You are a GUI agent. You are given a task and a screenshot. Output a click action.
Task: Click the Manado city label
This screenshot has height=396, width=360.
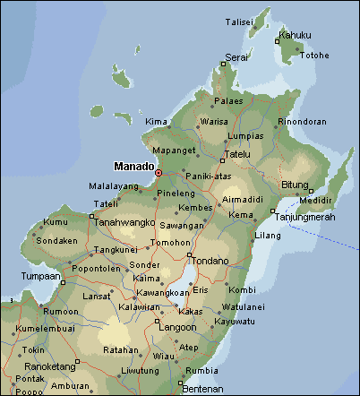coord(133,166)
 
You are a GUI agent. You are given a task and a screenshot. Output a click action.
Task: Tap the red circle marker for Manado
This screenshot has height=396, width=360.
coord(159,172)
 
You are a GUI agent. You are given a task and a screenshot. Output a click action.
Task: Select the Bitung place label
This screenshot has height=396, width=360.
coord(295,185)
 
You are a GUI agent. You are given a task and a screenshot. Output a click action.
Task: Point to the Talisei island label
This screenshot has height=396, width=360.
coord(238,21)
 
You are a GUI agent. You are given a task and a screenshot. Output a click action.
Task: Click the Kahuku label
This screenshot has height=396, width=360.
coord(296,36)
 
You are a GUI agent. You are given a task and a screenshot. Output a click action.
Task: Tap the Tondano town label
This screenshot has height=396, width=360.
coord(211,261)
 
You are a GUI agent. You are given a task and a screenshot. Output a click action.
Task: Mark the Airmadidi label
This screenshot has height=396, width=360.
coord(242,199)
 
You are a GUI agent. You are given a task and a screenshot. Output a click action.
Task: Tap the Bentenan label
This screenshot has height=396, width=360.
coord(202,388)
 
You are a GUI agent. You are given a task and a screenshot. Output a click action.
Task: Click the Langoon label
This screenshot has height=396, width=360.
coord(177,328)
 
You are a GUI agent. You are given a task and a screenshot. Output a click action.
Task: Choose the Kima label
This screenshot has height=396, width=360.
coord(156,121)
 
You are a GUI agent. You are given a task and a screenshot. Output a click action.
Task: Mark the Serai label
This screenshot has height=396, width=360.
coord(236,57)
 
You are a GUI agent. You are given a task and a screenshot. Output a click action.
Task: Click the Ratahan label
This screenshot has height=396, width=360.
coord(120,350)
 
